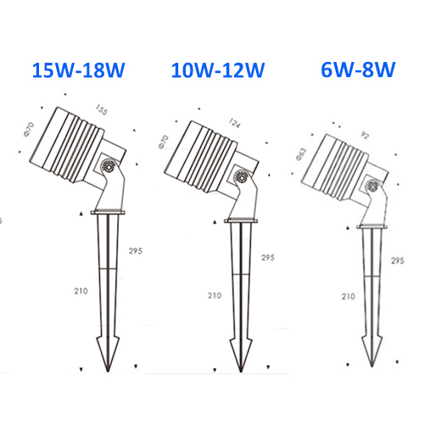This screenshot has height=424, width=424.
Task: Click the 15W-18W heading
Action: tap(78, 70)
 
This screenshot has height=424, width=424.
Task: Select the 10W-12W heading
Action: tap(218, 70)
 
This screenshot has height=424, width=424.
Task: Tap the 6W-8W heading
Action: tap(358, 70)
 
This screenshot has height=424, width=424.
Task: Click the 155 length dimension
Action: tap(102, 109)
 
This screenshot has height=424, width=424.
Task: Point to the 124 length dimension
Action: tap(234, 123)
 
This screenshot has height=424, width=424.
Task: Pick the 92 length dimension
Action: tap(365, 136)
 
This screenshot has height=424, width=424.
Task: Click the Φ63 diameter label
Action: tap(301, 154)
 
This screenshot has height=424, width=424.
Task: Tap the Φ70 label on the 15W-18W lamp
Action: tap(29, 130)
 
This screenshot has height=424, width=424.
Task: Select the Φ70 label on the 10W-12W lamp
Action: tap(164, 142)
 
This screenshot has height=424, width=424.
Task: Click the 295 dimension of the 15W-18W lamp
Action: tap(136, 251)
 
